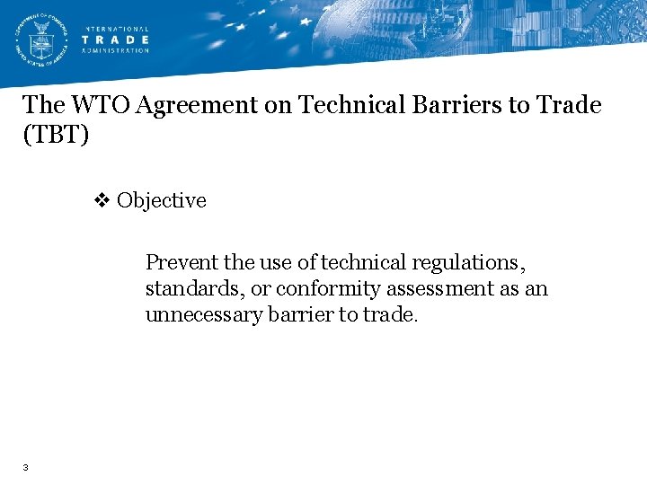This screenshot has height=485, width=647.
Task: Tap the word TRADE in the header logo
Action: (x=116, y=40)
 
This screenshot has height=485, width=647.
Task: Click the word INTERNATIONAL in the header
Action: (x=116, y=29)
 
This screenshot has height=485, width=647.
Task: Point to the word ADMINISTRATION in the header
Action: (x=116, y=50)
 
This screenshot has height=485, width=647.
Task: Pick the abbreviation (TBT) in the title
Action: (x=56, y=136)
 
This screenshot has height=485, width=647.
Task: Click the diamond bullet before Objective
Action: (x=102, y=200)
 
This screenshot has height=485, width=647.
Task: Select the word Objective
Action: (x=162, y=200)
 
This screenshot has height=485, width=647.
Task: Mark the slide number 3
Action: (x=27, y=467)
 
